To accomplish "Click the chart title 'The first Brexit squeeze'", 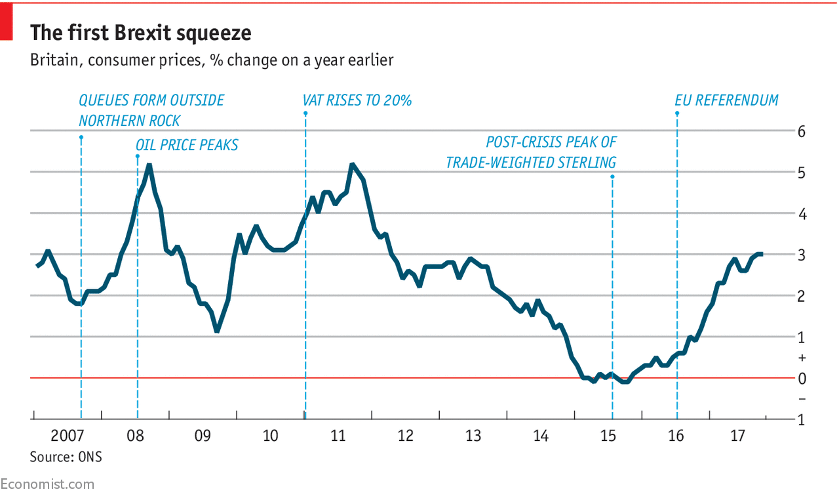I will click(140, 33).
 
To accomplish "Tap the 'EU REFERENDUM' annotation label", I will click(726, 100).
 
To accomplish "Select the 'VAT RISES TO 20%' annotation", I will click(357, 100).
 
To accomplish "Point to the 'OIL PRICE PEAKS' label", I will click(187, 145).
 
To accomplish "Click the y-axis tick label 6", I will click(801, 131).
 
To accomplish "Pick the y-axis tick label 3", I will click(801, 255).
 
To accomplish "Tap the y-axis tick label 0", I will click(801, 379).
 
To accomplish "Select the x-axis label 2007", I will click(67, 436).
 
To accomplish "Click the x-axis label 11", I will click(338, 436).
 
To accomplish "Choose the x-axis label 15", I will click(608, 436).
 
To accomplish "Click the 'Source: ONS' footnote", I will click(66, 457).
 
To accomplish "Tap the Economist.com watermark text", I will click(47, 484).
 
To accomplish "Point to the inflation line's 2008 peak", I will click(149, 165).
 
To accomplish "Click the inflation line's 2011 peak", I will click(352, 165).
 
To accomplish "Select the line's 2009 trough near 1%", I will click(217, 331).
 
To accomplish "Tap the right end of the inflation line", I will click(761, 254).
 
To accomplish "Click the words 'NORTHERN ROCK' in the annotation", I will click(129, 121).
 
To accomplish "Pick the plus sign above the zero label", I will click(801, 358).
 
